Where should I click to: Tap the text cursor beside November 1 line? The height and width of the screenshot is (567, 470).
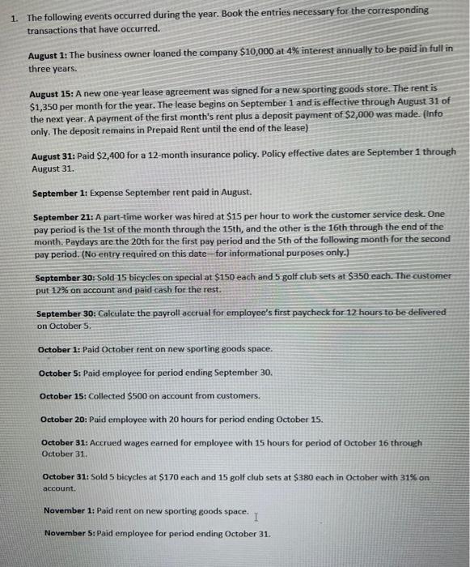click(256, 515)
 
